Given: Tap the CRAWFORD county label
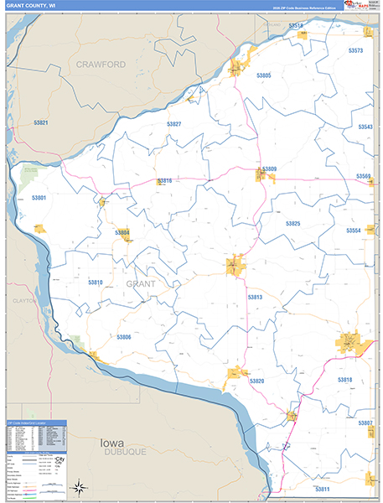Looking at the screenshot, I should click(100, 64).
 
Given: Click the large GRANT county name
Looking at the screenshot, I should click(141, 284).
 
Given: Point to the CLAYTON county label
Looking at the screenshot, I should click(24, 299).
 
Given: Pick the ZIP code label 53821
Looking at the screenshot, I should click(41, 123).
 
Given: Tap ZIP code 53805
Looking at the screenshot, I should click(263, 75).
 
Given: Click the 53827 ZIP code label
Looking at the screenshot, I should click(173, 124).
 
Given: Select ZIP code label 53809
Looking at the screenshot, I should click(269, 169).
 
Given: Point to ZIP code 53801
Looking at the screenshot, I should click(39, 198).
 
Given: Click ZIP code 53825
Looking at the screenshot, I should click(292, 224).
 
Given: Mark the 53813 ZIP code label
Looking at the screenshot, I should click(255, 298).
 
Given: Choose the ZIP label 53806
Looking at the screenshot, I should click(123, 337).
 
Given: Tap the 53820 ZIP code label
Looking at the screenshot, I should click(256, 381).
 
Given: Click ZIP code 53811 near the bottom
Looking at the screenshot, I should click(322, 488).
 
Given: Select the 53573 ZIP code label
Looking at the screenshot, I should click(355, 51).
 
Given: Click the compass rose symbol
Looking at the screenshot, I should click(78, 485).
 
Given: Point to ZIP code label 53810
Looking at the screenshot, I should click(95, 283).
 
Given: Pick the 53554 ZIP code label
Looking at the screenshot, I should click(354, 230).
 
